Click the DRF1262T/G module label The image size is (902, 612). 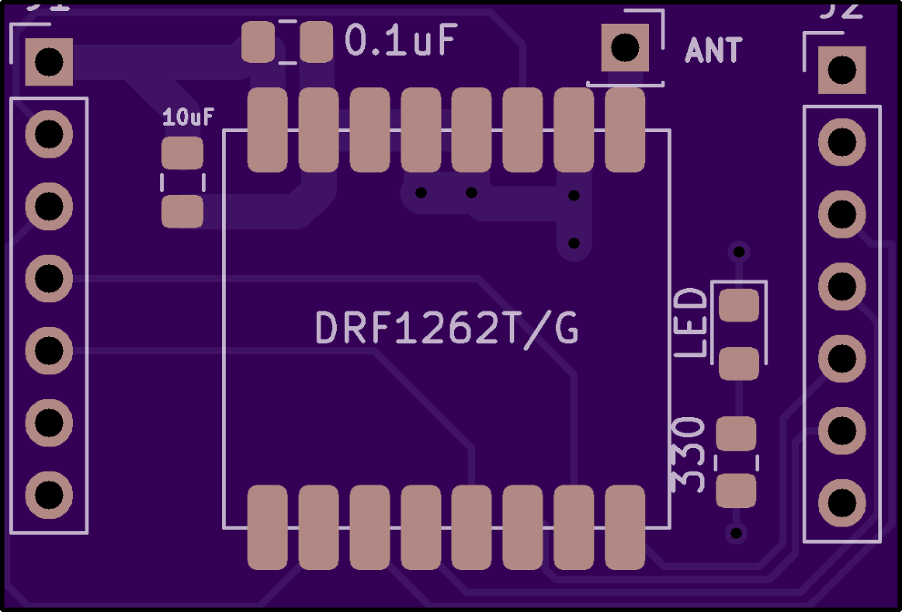447,329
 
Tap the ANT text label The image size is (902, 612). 713,51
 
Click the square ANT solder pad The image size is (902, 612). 625,47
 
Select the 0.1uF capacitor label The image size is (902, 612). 401,41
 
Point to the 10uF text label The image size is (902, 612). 188,118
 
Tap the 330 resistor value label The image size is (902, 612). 688,454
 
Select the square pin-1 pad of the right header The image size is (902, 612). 841,70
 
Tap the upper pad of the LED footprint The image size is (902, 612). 738,306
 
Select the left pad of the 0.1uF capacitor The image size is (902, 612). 258,42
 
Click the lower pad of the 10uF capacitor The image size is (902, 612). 182,211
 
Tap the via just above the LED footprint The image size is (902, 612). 739,251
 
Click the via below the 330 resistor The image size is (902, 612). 735,533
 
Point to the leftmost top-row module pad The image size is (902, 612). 268,130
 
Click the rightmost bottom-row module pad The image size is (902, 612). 625,527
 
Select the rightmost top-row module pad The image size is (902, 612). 625,130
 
